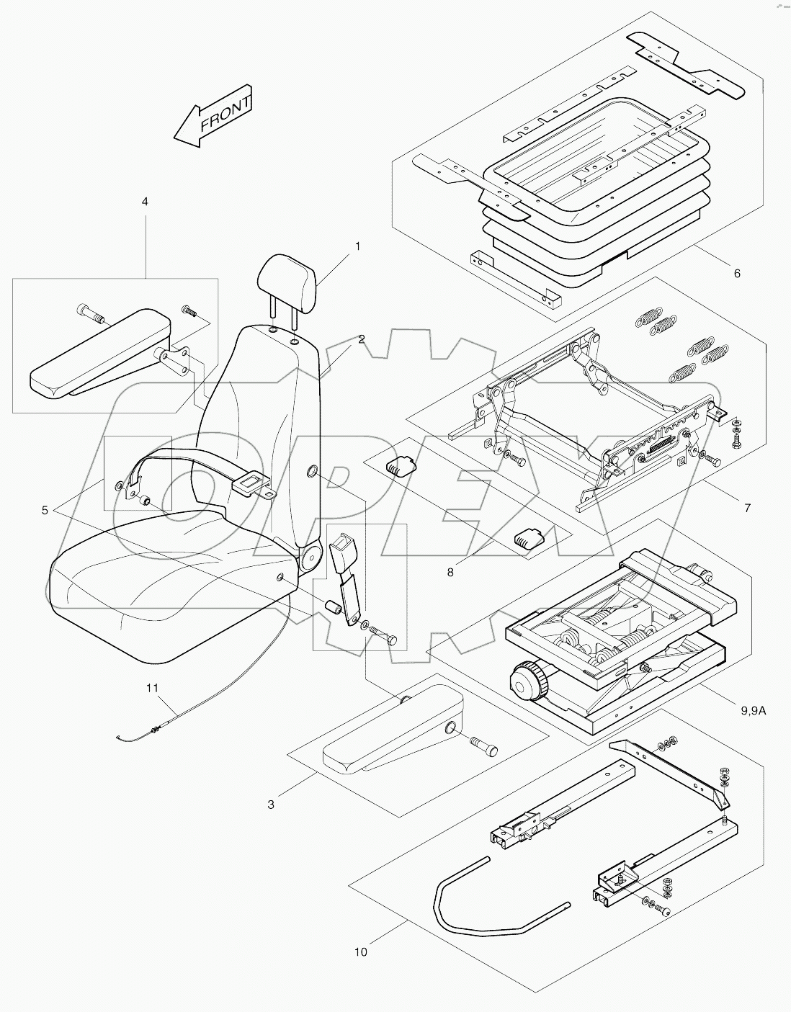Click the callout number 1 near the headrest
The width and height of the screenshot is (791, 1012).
(x=357, y=246)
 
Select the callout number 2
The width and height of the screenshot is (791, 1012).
(x=361, y=339)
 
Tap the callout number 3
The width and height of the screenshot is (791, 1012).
(x=271, y=805)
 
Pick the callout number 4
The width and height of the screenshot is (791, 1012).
(x=145, y=202)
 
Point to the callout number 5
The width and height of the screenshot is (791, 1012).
(x=45, y=510)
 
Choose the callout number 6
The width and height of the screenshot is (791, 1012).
(x=715, y=273)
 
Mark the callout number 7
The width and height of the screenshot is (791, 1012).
(x=747, y=509)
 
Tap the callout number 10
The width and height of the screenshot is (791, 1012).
(x=360, y=951)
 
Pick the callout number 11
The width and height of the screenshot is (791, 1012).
(x=151, y=689)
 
